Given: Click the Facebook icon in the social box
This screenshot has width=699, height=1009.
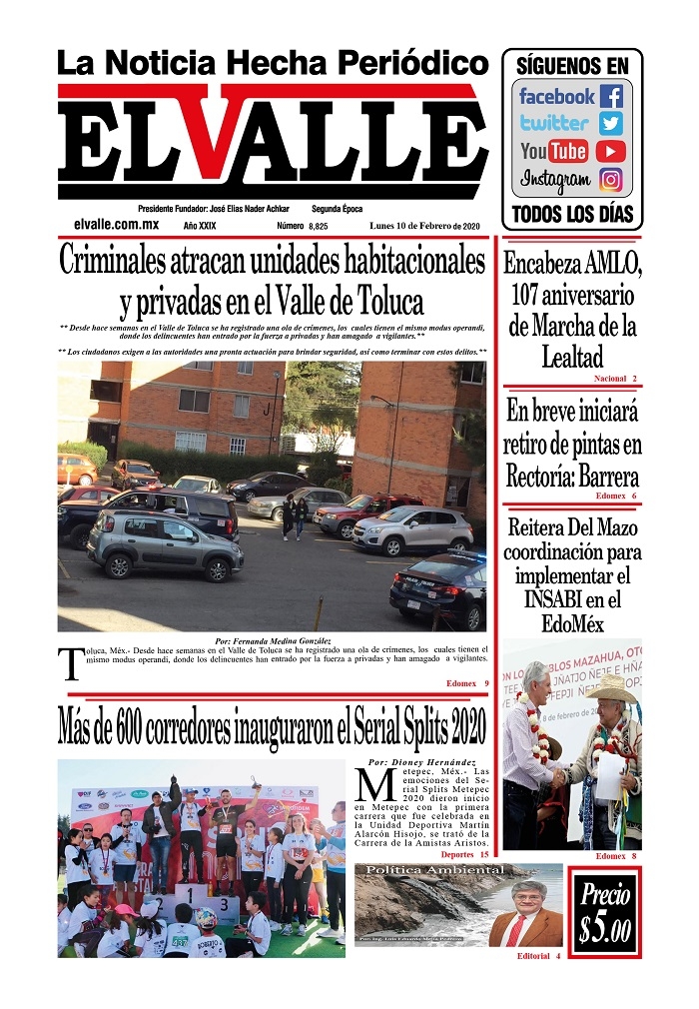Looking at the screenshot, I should coord(611,97).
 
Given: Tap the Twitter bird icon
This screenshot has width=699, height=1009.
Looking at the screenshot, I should coord(611,124).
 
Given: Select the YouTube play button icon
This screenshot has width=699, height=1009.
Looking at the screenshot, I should coord(611,152).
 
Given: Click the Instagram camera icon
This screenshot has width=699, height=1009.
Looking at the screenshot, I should coord(611,180).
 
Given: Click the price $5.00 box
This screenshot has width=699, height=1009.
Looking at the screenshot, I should coord(605,913).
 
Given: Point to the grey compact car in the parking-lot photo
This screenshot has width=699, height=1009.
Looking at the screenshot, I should coord(165,544).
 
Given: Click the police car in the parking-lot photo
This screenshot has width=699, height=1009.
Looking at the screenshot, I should coord(438,589).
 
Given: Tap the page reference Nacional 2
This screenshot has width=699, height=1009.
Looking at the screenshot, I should coord(615,380).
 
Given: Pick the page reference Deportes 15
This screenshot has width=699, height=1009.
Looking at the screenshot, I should coord(464,855).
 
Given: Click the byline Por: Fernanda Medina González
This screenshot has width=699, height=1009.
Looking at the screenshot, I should coord(273,640).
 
